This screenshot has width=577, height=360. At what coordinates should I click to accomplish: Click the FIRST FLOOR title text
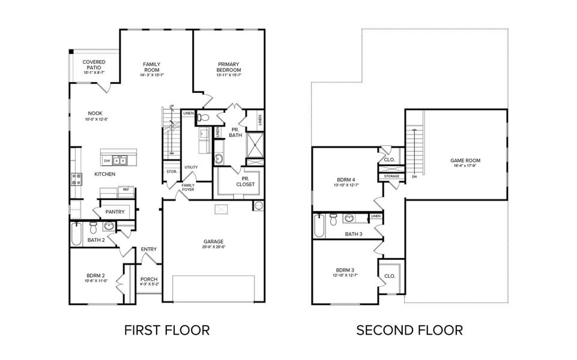(x=166, y=330)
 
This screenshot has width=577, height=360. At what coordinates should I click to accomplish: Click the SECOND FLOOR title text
(x=409, y=330)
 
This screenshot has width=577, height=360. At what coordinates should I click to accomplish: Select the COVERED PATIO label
(x=94, y=65)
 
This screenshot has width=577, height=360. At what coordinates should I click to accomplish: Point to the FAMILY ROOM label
(x=151, y=67)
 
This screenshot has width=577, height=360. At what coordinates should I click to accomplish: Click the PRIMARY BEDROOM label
(x=229, y=67)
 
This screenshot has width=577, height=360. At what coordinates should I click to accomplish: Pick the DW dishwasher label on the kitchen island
(x=107, y=161)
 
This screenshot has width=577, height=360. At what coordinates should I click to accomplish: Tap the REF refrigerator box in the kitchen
(x=126, y=190)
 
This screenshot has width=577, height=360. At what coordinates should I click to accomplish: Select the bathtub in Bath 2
(x=76, y=234)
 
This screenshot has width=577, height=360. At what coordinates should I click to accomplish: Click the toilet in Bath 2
(x=93, y=229)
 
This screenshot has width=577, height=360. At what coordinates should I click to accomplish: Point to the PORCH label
(x=148, y=281)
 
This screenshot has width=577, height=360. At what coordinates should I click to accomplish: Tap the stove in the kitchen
(x=77, y=178)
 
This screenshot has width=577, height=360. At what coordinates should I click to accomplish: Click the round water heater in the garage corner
(x=259, y=206)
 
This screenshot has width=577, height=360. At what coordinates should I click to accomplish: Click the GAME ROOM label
(x=465, y=161)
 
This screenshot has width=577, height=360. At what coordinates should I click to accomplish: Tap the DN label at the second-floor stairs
(x=414, y=177)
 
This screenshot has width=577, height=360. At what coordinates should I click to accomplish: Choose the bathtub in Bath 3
(x=319, y=227)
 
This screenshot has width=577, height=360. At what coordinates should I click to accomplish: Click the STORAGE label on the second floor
(x=391, y=176)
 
